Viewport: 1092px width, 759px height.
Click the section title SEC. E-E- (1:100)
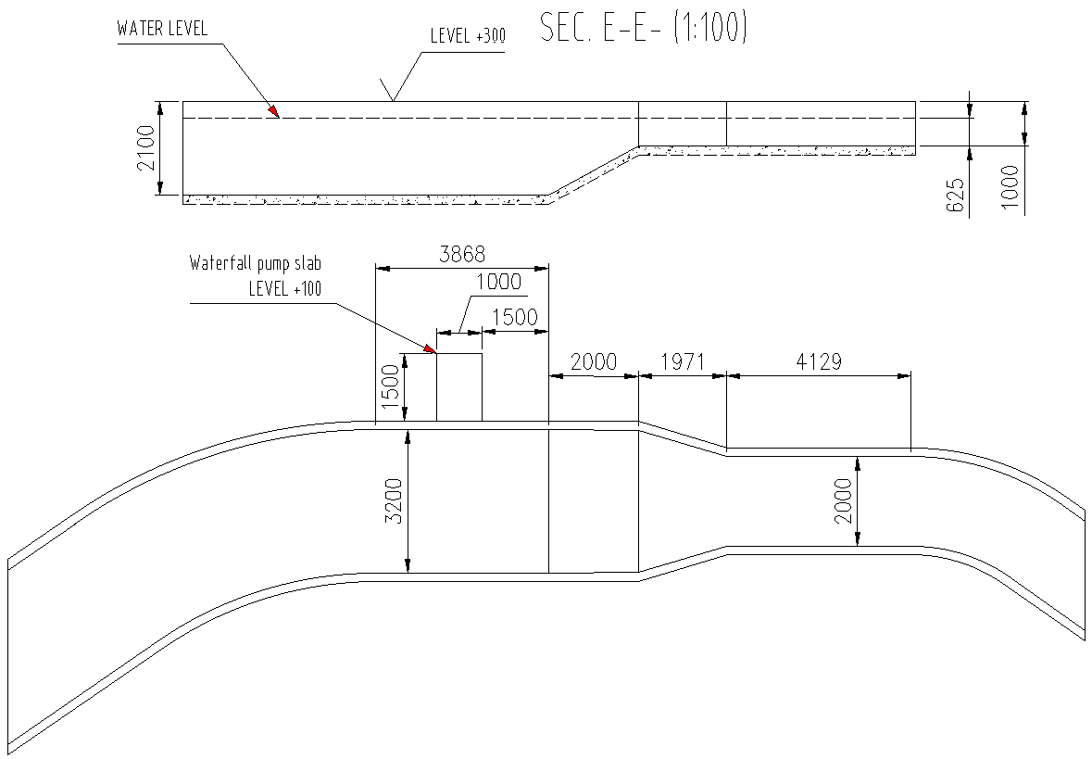[x=643, y=30]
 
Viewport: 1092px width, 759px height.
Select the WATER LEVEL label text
[x=162, y=29]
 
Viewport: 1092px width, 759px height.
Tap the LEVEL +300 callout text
[x=468, y=37]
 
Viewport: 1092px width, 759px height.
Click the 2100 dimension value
[x=145, y=148]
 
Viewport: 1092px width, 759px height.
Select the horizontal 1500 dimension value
[x=514, y=317]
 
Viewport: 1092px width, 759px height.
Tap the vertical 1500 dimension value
[x=391, y=387]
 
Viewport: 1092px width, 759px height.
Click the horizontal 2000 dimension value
[x=594, y=361]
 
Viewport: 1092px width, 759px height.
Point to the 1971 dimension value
[x=683, y=361]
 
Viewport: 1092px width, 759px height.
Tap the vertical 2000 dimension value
[x=844, y=501]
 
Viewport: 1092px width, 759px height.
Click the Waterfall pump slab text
[x=256, y=263]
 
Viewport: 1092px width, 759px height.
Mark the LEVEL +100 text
[x=284, y=289]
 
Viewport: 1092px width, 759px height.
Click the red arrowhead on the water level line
[x=273, y=111]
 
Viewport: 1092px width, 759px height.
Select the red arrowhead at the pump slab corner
[x=431, y=348]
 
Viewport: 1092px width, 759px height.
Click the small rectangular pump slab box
[x=458, y=387]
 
